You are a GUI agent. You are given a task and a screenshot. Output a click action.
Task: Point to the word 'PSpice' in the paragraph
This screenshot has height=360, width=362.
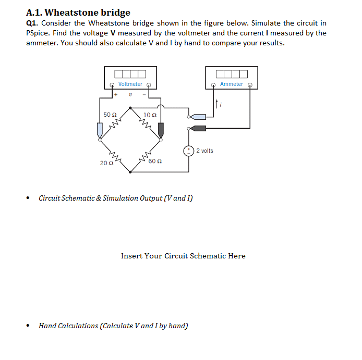coord(38,33)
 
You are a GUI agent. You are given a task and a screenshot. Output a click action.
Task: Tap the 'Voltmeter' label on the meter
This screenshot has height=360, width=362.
coord(130,84)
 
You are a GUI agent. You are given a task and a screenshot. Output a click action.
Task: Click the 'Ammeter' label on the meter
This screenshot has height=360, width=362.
coord(231,84)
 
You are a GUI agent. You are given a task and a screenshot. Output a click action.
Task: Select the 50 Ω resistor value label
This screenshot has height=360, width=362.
coord(110,114)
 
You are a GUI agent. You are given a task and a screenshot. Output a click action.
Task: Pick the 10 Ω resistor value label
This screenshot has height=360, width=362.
coord(150,114)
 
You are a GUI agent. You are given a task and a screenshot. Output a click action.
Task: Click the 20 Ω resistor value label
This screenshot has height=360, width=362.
coord(106,163)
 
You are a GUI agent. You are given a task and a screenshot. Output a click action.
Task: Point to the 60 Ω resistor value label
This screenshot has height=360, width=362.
coord(155,161)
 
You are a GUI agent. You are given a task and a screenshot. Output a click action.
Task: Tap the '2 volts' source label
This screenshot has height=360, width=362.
coord(204,151)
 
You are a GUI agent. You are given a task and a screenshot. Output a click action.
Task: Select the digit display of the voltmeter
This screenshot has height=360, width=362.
coord(130,73)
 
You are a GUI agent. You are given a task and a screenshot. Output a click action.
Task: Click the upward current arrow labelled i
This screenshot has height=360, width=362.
coord(217,104)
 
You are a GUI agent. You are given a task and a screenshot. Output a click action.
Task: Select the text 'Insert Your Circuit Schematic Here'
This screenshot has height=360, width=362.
coord(183,256)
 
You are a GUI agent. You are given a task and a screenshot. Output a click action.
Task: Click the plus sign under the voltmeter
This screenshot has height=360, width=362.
coord(116,95)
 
